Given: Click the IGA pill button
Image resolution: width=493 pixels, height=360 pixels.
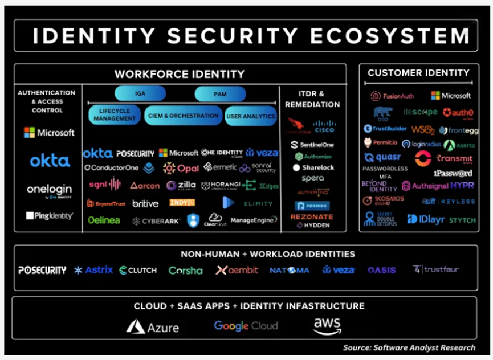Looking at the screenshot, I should coord(140,93).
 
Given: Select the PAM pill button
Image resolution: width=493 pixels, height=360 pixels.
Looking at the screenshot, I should coord(220,94).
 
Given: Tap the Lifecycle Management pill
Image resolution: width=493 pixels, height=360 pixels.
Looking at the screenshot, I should coord(114,114).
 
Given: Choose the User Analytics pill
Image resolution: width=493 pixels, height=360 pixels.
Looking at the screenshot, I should coord(251,116).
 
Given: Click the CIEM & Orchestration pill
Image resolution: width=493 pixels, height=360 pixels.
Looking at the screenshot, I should coord(182,116).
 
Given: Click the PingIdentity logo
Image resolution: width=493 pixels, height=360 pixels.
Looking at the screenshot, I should coord(49,216).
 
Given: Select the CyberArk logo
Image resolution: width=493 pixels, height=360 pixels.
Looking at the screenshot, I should coord(156,221).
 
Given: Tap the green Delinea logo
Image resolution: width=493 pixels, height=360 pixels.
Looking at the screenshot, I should coord(104,220).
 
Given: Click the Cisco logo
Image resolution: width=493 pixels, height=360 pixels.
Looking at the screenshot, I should coord(324,126).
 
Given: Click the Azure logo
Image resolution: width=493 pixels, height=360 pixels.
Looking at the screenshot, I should coord(153,327).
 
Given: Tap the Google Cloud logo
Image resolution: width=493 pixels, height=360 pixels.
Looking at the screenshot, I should coord(246,326).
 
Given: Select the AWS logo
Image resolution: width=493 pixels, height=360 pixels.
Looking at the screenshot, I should coord(327,326).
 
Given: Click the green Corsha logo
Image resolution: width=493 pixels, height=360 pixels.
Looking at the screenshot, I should coord(185,271).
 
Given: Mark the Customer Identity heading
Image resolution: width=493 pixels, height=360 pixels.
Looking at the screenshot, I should coord(418,73).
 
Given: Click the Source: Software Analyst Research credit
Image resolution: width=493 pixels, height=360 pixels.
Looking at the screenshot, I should coord(409,347).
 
